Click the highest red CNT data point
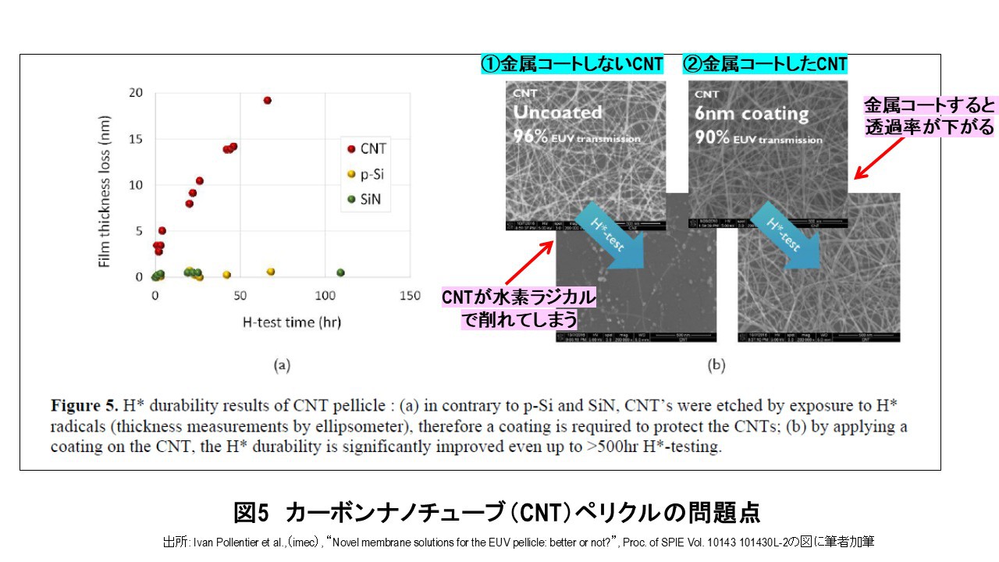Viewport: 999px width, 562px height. click(x=267, y=101)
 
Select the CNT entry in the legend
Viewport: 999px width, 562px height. click(x=367, y=148)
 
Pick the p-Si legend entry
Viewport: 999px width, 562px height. click(x=368, y=174)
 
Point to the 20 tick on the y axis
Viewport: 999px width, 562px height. click(x=136, y=93)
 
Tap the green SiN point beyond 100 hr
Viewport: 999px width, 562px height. click(x=340, y=272)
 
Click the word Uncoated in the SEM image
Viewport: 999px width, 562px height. click(x=557, y=112)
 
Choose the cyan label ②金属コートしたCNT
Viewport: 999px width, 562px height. click(x=765, y=64)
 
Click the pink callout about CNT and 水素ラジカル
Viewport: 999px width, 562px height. click(x=518, y=308)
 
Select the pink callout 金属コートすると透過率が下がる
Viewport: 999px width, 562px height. click(x=929, y=116)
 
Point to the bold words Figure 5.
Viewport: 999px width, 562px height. click(x=83, y=406)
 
